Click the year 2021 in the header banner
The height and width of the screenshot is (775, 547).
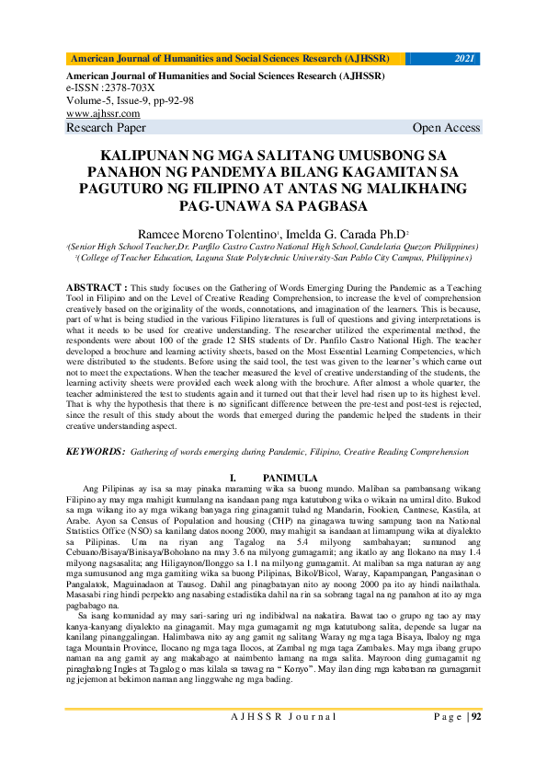tap(464, 59)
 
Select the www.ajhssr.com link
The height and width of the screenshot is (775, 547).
tap(97, 113)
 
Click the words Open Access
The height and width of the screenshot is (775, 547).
tap(446, 128)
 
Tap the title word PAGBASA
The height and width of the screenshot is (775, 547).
tap(329, 206)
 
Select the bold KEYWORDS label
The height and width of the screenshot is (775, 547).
tap(96, 452)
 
